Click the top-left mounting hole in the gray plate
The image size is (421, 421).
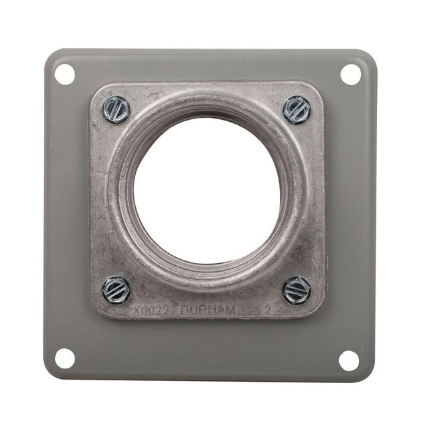click(x=65, y=74)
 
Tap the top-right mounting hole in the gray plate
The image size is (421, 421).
click(x=350, y=74)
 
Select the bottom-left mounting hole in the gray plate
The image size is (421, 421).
click(x=65, y=358)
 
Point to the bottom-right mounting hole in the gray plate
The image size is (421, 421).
click(x=348, y=360)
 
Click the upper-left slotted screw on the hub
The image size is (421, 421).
click(x=117, y=110)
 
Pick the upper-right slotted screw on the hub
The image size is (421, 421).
click(x=297, y=110)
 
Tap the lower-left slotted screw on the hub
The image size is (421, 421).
click(x=117, y=290)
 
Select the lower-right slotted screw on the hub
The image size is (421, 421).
click(x=296, y=290)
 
